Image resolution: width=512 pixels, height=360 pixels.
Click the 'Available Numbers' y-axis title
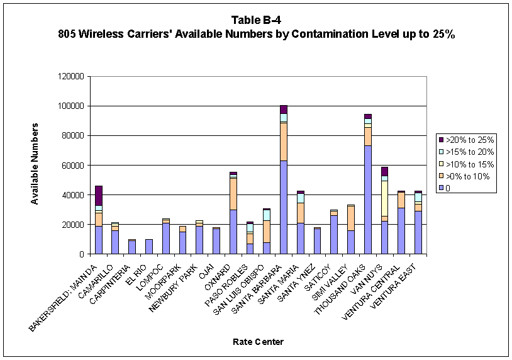36,164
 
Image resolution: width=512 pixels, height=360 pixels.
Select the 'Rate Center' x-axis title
255,342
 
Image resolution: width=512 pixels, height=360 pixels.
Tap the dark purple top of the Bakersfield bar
99,195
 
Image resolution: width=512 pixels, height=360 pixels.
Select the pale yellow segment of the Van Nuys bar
384,198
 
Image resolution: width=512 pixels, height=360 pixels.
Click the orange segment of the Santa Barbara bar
284,142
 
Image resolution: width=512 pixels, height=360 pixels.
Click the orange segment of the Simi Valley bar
351,218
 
